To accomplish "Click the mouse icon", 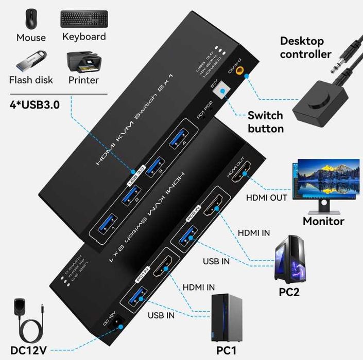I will [x=30, y=19].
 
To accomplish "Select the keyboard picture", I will [x=84, y=19].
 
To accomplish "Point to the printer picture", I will [x=83, y=61].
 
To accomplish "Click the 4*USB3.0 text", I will [x=34, y=105].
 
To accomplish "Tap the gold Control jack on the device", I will [x=240, y=75].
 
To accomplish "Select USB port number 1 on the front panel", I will [x=105, y=224].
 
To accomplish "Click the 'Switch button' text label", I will [x=265, y=122].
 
